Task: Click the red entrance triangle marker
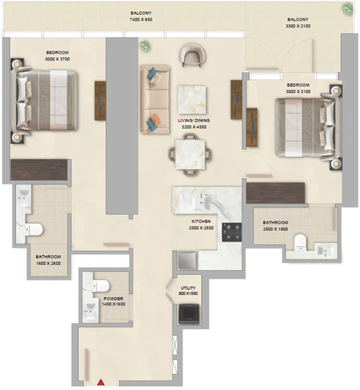101,382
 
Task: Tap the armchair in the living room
192,55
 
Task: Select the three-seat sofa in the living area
155,99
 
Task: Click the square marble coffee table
192,100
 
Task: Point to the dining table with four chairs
190,154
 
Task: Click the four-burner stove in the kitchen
232,232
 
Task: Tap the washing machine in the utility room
189,314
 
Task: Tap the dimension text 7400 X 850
141,19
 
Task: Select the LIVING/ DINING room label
194,120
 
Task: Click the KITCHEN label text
201,221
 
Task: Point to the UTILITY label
188,288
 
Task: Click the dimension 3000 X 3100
298,92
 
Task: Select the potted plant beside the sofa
145,46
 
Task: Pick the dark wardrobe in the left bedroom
39,170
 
